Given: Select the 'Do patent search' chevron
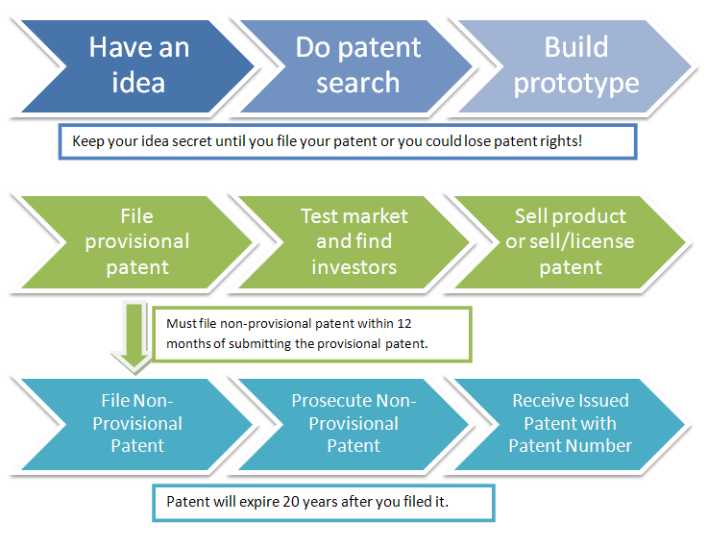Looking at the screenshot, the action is (356, 66).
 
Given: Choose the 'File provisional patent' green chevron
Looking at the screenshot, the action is (136, 242).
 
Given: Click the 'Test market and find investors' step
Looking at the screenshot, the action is (354, 242).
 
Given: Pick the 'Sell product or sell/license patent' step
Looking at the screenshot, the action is (571, 242).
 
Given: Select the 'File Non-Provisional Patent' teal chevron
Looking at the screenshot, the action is (136, 424).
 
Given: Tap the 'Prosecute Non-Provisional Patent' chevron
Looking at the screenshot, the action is (354, 424).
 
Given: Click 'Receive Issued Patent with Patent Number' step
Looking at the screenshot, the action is (571, 424).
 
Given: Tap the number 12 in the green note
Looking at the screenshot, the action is (404, 324).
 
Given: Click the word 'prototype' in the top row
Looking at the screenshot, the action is (576, 84).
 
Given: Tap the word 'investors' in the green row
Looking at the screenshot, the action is (354, 267).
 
